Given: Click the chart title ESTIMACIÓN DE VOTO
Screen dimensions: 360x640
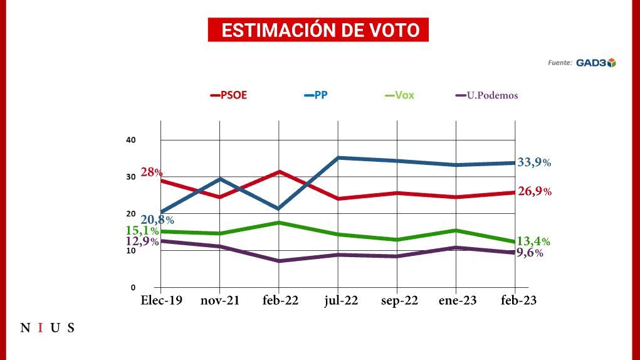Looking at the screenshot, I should pyautogui.click(x=318, y=30).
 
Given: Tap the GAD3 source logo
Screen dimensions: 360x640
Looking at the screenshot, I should pyautogui.click(x=595, y=62).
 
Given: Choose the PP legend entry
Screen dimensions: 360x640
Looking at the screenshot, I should pyautogui.click(x=317, y=96).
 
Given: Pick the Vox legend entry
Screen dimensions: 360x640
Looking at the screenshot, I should pyautogui.click(x=399, y=96).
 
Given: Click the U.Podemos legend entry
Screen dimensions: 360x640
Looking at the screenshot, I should pyautogui.click(x=486, y=96).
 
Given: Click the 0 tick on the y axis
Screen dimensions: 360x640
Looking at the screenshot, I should pyautogui.click(x=133, y=287).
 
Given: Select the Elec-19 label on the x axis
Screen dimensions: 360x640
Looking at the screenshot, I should pyautogui.click(x=161, y=301).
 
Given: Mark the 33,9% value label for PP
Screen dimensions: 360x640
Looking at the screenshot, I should pyautogui.click(x=534, y=162).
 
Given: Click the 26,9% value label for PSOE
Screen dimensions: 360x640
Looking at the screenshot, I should pyautogui.click(x=534, y=191).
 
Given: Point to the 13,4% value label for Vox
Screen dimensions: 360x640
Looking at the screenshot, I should pyautogui.click(x=533, y=241).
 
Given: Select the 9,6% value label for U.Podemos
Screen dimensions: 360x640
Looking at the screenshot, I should pyautogui.click(x=529, y=253).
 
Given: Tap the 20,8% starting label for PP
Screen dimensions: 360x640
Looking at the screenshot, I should pyautogui.click(x=157, y=220).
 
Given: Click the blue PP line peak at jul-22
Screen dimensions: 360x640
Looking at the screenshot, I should pyautogui.click(x=338, y=157).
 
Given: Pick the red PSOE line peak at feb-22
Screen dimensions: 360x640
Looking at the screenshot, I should pyautogui.click(x=279, y=171).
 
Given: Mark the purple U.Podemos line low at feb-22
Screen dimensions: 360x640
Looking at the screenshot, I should pyautogui.click(x=279, y=261).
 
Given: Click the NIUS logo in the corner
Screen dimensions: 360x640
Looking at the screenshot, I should pyautogui.click(x=48, y=327).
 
